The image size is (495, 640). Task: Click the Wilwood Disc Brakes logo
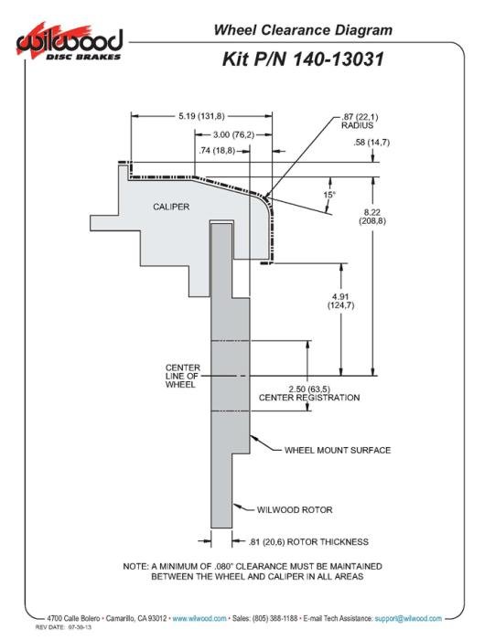tap(69, 43)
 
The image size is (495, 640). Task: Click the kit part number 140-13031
tap(339, 59)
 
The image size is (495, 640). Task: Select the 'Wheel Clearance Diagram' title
tap(303, 30)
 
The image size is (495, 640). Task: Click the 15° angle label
tap(328, 194)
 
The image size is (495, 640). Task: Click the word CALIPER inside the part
tap(171, 207)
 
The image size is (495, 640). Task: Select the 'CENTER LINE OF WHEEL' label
tap(183, 376)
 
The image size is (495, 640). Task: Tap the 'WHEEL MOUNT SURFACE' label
tap(338, 450)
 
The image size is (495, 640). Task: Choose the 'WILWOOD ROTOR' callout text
tap(295, 510)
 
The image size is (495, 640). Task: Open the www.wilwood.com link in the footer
tap(199, 618)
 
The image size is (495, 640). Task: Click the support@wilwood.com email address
tap(408, 618)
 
